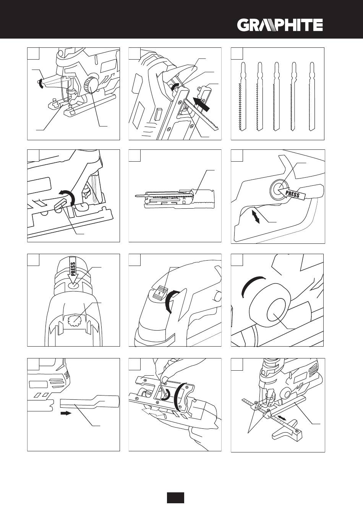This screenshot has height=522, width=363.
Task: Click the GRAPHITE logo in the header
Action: coord(280,25)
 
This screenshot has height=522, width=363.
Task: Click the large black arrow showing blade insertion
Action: coord(202,104)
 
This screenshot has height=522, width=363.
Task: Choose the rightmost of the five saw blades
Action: coord(312,96)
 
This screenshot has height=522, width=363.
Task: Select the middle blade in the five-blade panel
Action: coord(276,96)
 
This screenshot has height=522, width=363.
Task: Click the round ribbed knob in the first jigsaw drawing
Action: coord(91,84)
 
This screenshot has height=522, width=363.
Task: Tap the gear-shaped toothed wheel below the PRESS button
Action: coord(74,321)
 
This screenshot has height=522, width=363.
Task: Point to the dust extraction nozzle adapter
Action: coord(90,402)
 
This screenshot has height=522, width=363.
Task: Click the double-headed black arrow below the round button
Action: coord(256,216)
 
